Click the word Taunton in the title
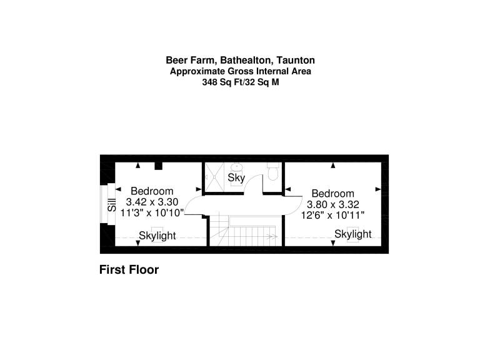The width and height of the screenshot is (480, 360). coord(296,60)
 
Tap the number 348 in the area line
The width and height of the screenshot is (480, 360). coord(209,82)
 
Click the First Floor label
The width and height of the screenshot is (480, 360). coord(129,270)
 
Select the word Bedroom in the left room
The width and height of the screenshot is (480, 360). coord(152,191)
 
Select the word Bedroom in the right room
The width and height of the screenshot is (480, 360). coord(332,194)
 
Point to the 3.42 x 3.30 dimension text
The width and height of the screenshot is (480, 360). coord(152,202)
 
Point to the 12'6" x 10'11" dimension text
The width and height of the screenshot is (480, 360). coord(332,215)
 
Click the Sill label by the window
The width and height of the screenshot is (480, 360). coord(112,205)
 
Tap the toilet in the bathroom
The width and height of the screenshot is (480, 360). coord(272,171)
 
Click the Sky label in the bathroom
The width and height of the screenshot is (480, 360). coord(236,177)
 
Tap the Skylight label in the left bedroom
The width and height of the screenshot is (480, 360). coord(157,236)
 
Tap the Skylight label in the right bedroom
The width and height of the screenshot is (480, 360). coord(353,234)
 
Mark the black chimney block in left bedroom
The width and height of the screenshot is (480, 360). coord(158,166)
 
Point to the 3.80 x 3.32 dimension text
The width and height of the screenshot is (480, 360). coord(332,204)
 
